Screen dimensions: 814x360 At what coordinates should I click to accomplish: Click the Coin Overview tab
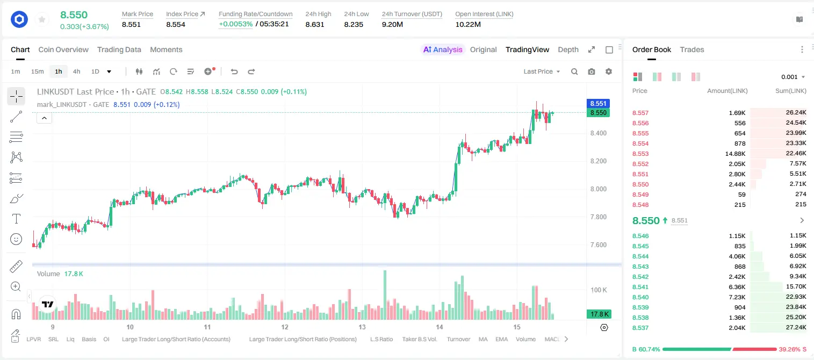(63, 49)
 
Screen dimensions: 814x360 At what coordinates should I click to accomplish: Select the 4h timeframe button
(76, 71)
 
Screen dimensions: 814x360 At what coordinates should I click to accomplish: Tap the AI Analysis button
(443, 49)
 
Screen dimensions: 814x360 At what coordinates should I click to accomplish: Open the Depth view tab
(568, 49)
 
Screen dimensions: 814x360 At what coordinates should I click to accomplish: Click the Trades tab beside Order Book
(692, 49)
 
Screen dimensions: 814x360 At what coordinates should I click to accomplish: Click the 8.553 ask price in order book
(640, 154)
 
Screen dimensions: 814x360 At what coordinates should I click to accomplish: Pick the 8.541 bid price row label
(640, 287)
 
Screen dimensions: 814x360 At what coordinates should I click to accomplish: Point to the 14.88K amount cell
(735, 154)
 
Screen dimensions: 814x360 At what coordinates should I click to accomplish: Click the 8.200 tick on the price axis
(599, 161)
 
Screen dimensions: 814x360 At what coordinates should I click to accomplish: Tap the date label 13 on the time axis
(362, 327)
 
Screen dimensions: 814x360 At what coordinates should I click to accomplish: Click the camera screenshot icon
(592, 71)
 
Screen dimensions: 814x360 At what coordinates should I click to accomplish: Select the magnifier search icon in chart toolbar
(574, 71)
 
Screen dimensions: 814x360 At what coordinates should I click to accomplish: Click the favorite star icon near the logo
(42, 19)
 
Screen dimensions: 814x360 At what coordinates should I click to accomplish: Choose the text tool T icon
(16, 219)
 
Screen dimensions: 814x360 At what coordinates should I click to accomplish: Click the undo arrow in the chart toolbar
(234, 71)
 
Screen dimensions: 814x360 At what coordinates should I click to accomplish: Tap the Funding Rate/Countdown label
(255, 14)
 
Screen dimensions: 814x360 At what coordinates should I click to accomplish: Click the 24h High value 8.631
(315, 24)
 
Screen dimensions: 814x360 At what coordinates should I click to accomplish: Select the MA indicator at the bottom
(483, 339)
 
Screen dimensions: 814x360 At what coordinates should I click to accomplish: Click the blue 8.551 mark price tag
(598, 104)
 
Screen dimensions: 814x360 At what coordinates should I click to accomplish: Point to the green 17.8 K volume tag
(599, 314)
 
